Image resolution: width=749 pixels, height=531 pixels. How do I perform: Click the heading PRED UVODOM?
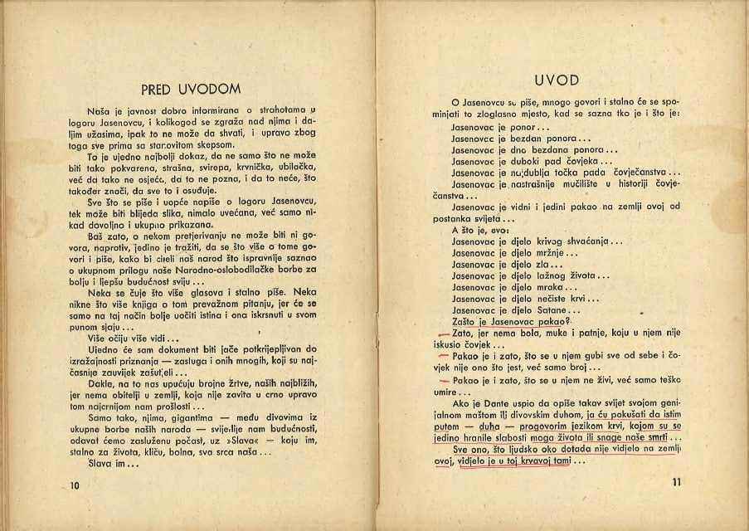click(191, 89)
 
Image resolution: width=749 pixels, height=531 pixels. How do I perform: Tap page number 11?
click(674, 483)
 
